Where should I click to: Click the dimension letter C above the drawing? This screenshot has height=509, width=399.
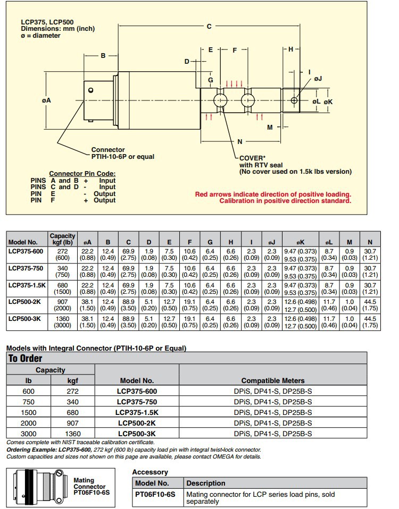tap(209, 26)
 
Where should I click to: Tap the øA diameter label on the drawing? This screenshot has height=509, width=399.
tap(46, 100)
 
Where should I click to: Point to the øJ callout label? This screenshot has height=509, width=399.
tap(318, 79)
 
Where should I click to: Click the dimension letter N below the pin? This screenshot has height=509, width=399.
tap(240, 141)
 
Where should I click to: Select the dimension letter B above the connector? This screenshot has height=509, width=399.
tap(103, 55)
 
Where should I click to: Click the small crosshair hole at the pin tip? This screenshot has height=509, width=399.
tap(294, 100)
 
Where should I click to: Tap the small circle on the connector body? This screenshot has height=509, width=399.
tap(90, 90)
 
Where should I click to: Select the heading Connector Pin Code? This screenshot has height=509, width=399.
tap(82, 174)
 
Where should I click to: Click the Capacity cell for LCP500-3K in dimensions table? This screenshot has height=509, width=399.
tap(62, 322)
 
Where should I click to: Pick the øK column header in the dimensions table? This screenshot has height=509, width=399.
tap(301, 242)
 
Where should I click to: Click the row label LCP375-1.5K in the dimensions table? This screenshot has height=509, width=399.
tap(27, 285)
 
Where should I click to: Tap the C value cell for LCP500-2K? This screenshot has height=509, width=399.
tap(128, 305)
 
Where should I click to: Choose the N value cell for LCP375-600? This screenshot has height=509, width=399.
tap(370, 254)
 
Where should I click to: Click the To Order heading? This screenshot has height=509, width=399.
tap(26, 359)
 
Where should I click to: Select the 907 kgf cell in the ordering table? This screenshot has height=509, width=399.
tap(73, 423)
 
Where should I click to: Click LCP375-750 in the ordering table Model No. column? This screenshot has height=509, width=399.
tap(137, 402)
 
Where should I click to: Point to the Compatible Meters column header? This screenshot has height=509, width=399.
tap(273, 380)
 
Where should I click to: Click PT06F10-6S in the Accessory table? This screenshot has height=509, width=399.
tap(155, 494)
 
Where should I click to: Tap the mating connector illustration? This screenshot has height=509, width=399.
tap(39, 487)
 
